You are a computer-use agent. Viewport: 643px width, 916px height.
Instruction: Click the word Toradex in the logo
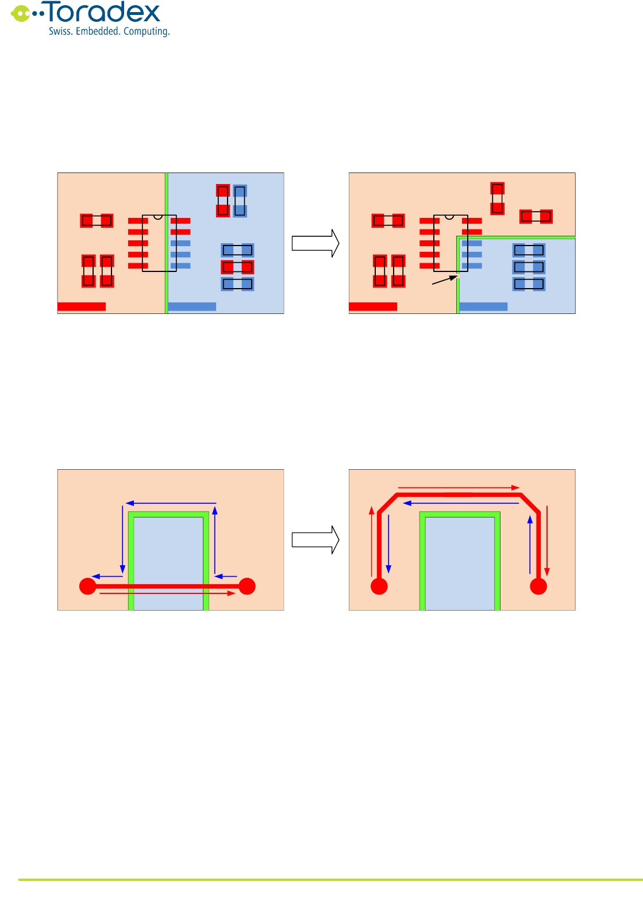(x=103, y=13)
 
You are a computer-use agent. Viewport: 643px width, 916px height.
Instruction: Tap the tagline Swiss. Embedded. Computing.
(x=109, y=32)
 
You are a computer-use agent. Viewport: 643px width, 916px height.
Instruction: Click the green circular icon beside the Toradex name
(x=21, y=13)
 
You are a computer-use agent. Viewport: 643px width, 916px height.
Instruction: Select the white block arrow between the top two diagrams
(x=315, y=243)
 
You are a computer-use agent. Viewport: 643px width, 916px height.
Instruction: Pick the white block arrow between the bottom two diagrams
(x=315, y=540)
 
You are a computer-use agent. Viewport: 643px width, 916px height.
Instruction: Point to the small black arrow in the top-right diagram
(x=444, y=280)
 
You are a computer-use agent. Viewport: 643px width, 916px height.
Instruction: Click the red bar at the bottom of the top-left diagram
(x=82, y=306)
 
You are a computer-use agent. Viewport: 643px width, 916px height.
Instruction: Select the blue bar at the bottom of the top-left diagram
(x=192, y=306)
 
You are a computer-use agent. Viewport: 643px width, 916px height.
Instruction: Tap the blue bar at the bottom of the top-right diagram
(x=483, y=306)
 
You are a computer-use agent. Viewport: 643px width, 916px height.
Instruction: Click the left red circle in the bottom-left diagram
(x=87, y=587)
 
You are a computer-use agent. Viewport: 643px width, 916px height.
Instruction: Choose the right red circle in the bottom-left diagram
(x=247, y=587)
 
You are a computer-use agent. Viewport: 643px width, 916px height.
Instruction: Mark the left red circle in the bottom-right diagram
(x=379, y=587)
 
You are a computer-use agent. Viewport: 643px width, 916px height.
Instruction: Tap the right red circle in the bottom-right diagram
(x=538, y=587)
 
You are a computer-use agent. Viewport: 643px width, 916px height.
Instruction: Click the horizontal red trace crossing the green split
(x=167, y=587)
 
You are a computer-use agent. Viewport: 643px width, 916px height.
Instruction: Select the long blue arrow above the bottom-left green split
(x=171, y=504)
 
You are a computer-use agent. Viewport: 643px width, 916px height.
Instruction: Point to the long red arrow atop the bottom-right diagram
(x=459, y=488)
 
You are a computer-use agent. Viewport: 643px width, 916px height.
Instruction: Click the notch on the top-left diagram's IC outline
(x=158, y=217)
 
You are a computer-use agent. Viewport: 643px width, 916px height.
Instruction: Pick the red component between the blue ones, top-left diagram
(x=237, y=267)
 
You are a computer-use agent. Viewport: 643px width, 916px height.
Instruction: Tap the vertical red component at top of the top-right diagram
(x=497, y=198)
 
